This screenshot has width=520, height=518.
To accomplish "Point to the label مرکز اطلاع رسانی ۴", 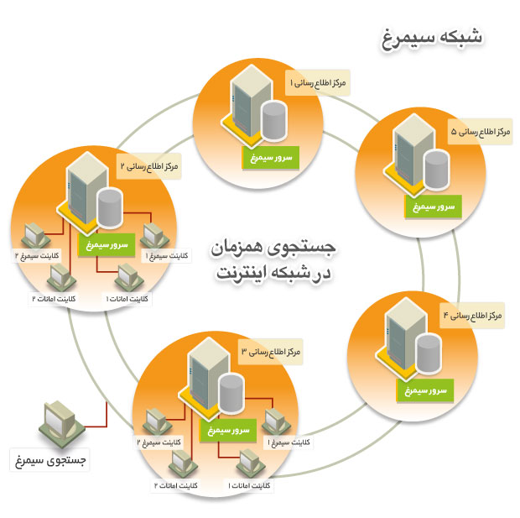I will point(471,316).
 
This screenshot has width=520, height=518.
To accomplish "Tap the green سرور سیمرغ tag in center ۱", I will point(269,155).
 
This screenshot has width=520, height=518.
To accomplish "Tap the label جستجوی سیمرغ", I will point(49,460).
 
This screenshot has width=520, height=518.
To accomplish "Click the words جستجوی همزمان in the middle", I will point(273,249).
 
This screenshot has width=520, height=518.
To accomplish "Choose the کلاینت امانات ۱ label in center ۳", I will point(250,485).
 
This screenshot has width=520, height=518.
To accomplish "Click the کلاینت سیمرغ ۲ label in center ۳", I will point(157,442).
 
